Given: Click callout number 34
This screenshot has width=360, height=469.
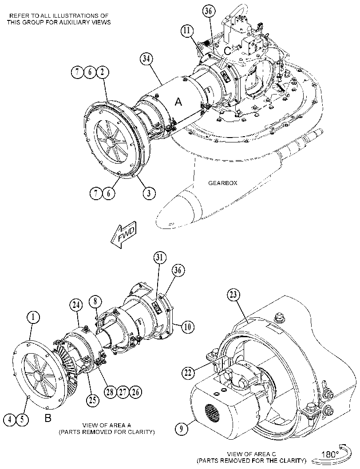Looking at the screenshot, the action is [x=146, y=59].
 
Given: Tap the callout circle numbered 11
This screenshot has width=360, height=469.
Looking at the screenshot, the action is [x=187, y=31].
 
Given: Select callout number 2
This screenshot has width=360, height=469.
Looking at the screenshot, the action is [x=103, y=72].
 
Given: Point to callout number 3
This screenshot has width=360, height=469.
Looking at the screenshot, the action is [x=149, y=193].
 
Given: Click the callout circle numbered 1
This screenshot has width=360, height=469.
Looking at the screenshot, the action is [x=33, y=317].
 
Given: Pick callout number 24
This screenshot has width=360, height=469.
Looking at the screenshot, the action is [x=76, y=305].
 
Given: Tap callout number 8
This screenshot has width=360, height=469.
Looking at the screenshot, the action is [x=95, y=302].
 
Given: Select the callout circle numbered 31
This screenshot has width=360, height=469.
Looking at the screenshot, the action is [x=160, y=257].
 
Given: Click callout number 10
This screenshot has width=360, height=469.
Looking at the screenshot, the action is [x=187, y=327].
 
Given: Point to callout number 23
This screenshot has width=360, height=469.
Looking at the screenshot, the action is [x=233, y=295].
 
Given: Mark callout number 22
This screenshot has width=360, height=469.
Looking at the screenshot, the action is [x=187, y=372].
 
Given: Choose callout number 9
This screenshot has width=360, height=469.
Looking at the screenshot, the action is [x=181, y=429].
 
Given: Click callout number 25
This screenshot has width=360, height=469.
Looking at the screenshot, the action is [x=92, y=399].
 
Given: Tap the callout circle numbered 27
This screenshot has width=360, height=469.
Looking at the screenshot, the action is [x=123, y=391].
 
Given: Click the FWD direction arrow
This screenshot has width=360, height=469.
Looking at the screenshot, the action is [x=123, y=235].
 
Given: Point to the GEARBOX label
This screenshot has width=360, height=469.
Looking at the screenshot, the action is [x=223, y=183].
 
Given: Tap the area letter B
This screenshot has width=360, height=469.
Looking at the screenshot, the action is [x=48, y=418].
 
